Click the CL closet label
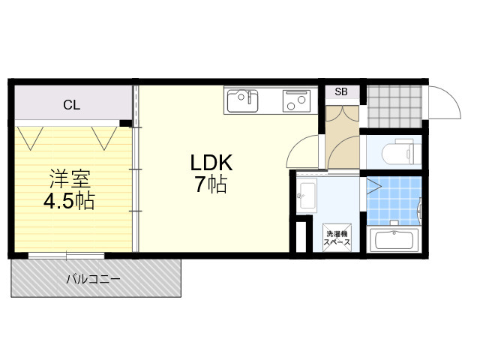[x=72, y=105]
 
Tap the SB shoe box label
[x=341, y=91]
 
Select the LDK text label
[x=211, y=163]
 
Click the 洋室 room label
[x=70, y=178]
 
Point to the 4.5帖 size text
[x=69, y=201]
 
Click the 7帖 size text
[x=211, y=184]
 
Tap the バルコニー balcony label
[x=94, y=279]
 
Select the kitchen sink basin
[x=242, y=100]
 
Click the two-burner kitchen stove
[x=296, y=100]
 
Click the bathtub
[x=394, y=240]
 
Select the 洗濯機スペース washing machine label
[x=337, y=238]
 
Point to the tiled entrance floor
[x=394, y=106]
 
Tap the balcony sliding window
[x=67, y=255]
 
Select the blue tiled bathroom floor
[x=394, y=201]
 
